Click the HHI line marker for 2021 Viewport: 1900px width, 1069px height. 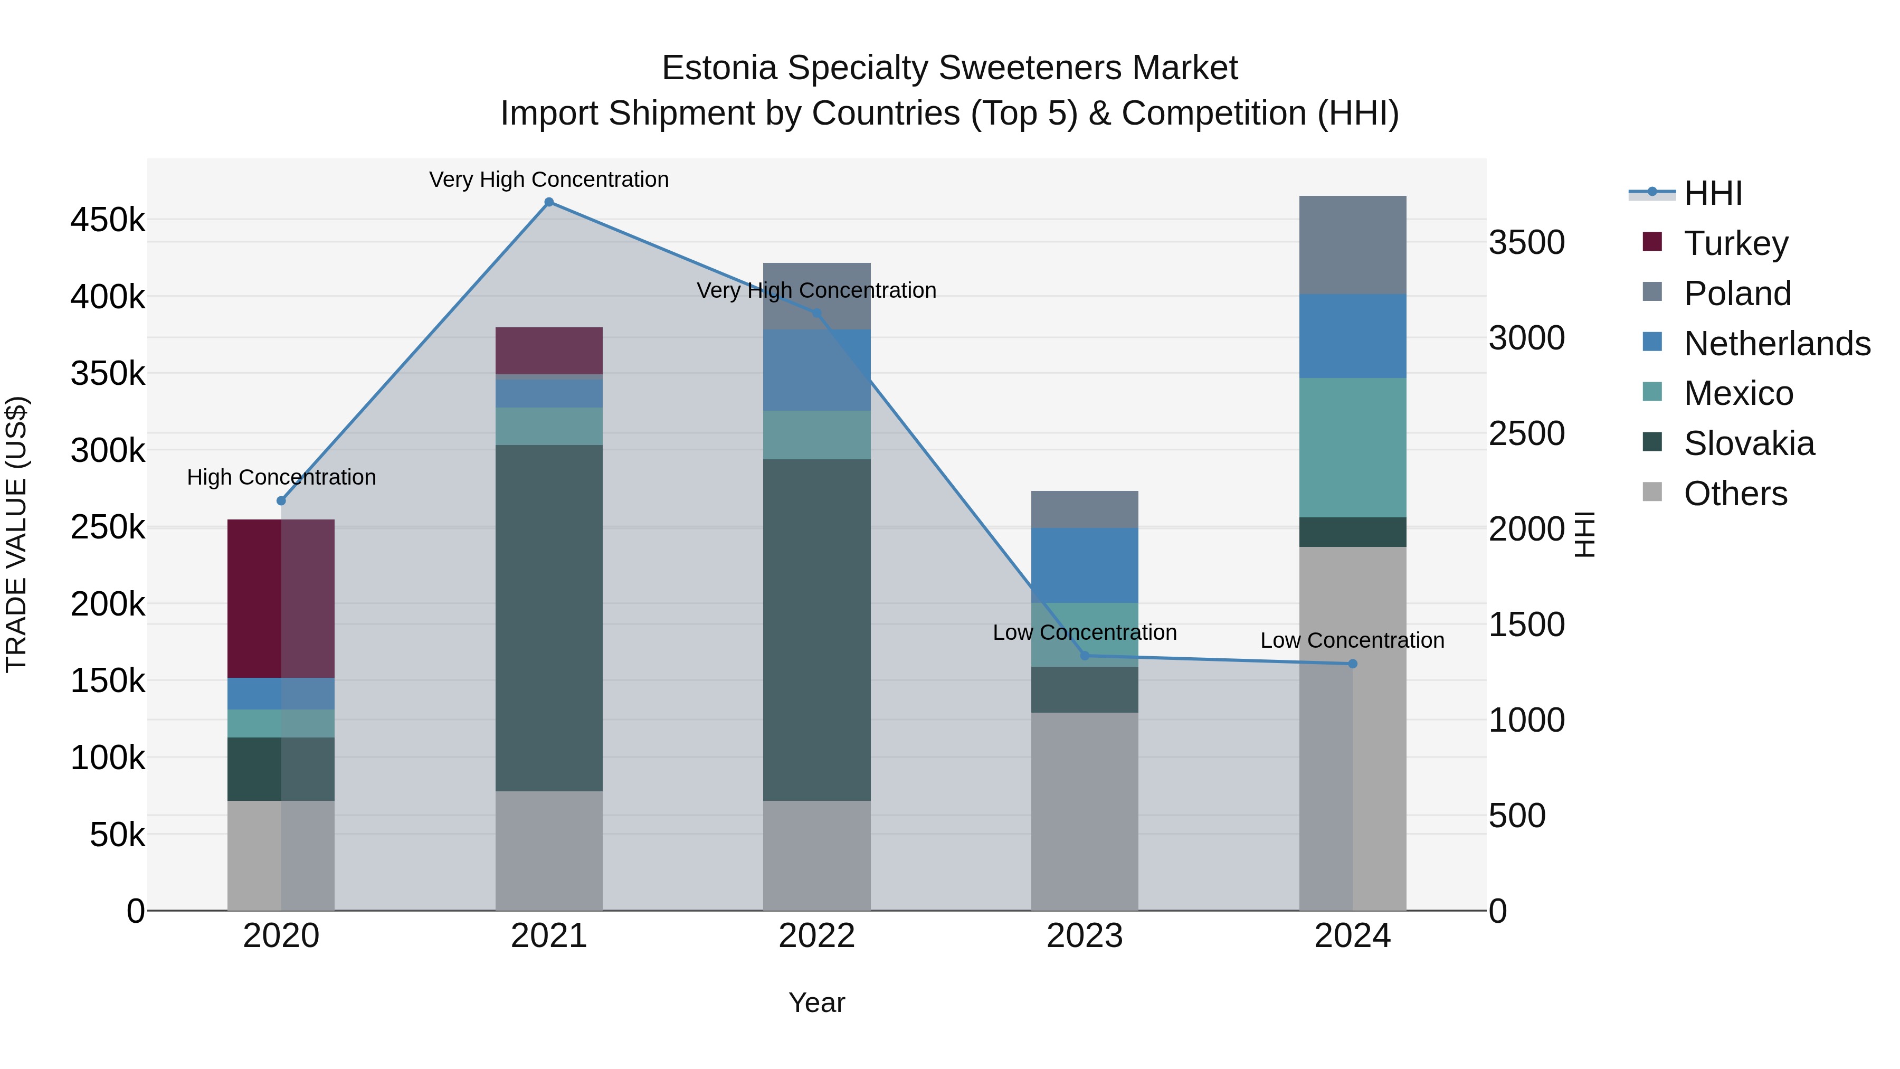click(549, 202)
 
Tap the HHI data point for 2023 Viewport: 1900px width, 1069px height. click(1084, 656)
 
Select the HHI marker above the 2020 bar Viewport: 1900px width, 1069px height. click(281, 501)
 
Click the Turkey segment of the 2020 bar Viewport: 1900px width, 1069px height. click(281, 598)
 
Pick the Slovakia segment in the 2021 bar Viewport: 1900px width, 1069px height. click(549, 618)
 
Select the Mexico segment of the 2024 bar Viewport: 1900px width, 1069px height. click(1352, 448)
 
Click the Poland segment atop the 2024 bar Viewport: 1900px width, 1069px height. click(1352, 245)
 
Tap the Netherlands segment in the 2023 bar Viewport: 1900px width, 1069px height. click(1084, 565)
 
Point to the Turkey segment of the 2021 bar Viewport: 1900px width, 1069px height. click(549, 351)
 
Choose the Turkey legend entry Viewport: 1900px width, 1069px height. click(1735, 243)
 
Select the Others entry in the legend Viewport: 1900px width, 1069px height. click(1735, 494)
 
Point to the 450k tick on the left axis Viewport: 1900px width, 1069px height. click(108, 220)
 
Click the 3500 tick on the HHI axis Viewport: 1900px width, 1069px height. click(1526, 243)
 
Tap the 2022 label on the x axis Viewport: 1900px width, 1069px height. click(816, 936)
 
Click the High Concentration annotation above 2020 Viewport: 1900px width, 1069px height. click(281, 477)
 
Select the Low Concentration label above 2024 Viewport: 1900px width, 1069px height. click(1352, 640)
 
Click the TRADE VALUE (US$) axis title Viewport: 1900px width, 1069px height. click(16, 534)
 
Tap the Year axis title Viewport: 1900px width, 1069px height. click(816, 1002)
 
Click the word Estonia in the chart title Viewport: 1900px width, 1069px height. click(719, 68)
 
